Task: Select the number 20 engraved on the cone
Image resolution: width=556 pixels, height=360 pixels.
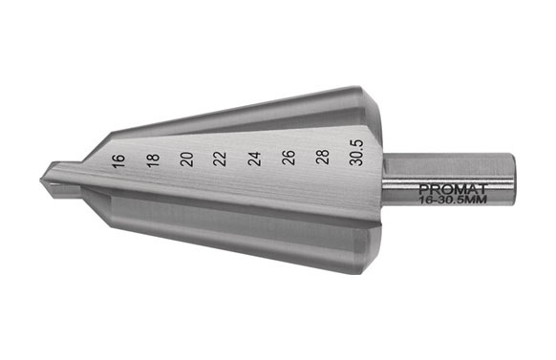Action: (x=186, y=158)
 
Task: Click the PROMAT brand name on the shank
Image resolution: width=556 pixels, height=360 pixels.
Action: (x=452, y=189)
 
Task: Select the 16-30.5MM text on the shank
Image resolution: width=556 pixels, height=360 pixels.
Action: (x=453, y=201)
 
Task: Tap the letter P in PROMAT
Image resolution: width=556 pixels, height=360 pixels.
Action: (x=423, y=189)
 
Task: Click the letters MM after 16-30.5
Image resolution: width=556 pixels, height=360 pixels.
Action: (x=479, y=201)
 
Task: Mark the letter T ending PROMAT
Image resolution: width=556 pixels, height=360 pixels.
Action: (x=481, y=189)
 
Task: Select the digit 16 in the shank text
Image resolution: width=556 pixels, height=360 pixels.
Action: (x=426, y=201)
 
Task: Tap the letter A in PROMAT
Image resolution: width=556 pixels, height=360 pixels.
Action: (x=470, y=189)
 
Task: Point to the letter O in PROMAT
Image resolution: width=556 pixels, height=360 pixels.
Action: (x=445, y=189)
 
